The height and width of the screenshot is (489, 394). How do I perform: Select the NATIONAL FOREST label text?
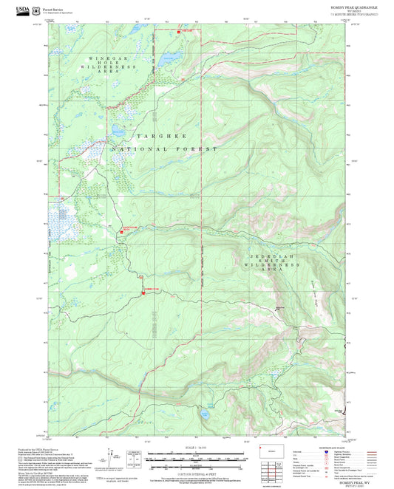(164, 149)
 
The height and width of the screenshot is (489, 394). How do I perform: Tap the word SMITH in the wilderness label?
(273, 264)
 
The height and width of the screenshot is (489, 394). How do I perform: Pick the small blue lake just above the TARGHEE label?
(117, 134)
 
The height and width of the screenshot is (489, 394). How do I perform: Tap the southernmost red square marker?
(142, 295)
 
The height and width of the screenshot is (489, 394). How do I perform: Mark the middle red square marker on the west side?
(121, 233)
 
